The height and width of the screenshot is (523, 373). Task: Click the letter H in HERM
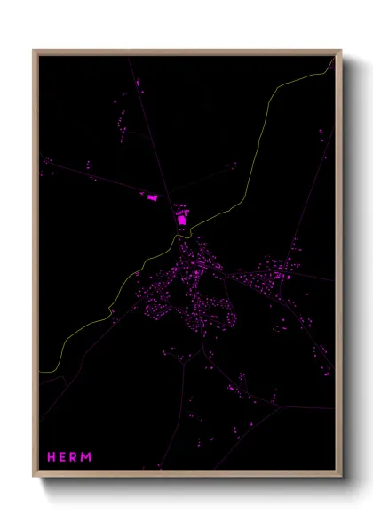coord(52,457)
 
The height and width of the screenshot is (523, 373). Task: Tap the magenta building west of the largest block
coord(151,198)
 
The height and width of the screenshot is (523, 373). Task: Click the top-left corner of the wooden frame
coord(34,50)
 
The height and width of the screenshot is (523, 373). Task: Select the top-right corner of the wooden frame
coord(341,50)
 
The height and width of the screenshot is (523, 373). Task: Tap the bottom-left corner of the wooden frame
coord(34,477)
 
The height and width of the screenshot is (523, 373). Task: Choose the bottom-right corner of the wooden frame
coord(341,477)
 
